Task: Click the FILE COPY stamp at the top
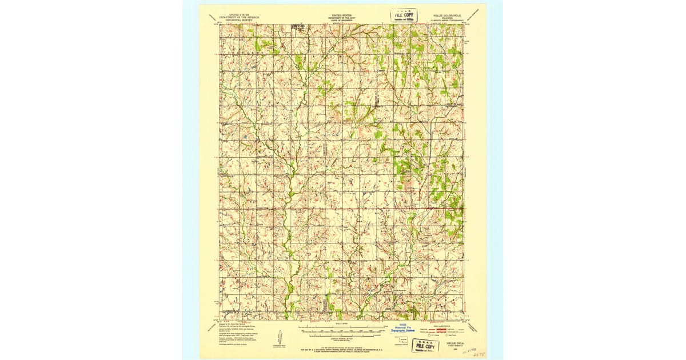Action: pyautogui.click(x=404, y=15)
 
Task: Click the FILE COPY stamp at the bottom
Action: pyautogui.click(x=425, y=345)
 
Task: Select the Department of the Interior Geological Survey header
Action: pyautogui.click(x=238, y=18)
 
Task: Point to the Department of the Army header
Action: pyautogui.click(x=342, y=18)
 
